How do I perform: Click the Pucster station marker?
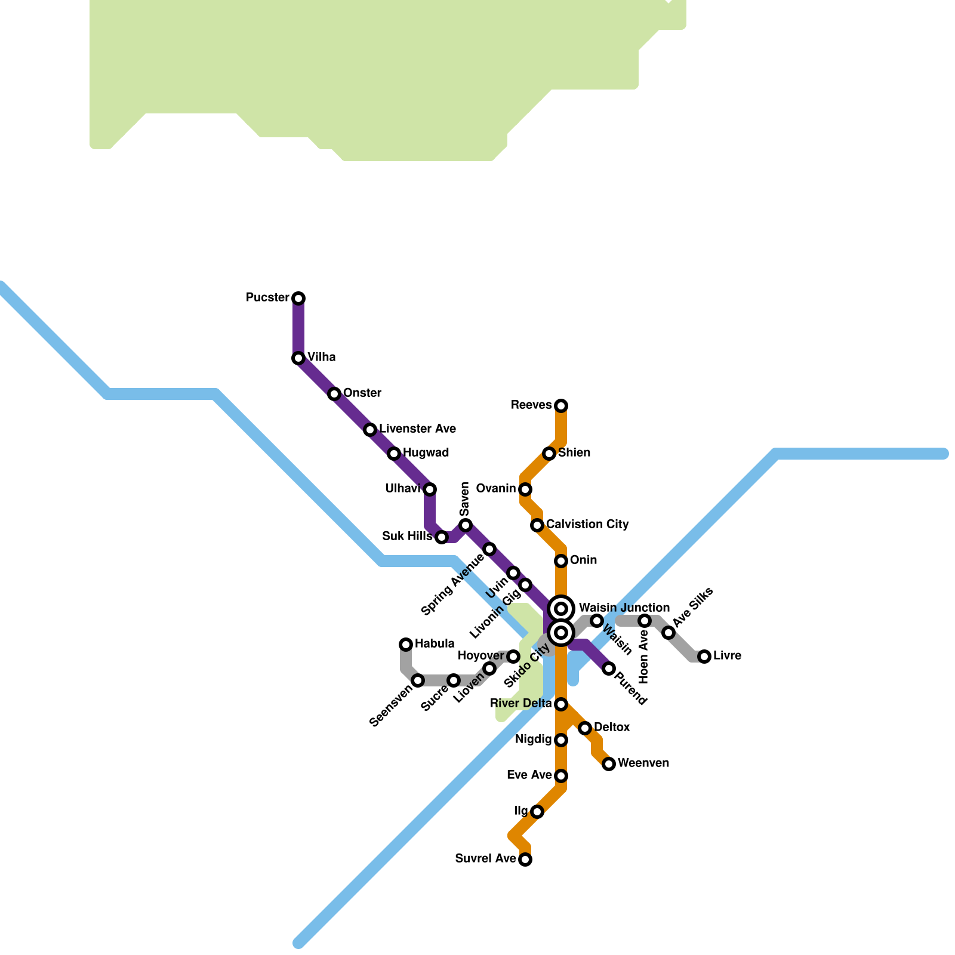[x=298, y=298]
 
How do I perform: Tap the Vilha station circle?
[x=298, y=358]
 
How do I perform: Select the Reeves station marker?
[x=561, y=406]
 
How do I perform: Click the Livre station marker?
[x=704, y=657]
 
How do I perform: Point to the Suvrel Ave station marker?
[x=525, y=860]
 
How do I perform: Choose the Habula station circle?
[x=406, y=644]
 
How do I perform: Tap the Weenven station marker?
[x=609, y=764]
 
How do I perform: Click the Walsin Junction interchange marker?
[x=561, y=609]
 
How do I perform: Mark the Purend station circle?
[x=609, y=668]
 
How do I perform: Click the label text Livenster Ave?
[x=417, y=429]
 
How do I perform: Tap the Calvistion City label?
[x=587, y=525]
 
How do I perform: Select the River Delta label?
[x=521, y=704]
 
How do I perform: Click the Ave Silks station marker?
[x=668, y=633]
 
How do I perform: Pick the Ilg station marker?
[x=537, y=812]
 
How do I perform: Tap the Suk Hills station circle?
[x=442, y=537]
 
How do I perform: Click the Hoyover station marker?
[x=513, y=657]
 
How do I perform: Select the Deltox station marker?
[x=585, y=728]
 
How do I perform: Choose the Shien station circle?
[x=549, y=454]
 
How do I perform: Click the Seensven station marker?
[x=418, y=680]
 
